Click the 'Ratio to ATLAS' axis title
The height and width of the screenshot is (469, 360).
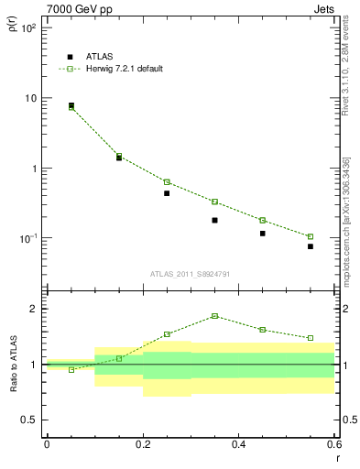13,365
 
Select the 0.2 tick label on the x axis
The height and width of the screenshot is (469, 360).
142,445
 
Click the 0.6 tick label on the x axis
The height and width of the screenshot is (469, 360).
334,445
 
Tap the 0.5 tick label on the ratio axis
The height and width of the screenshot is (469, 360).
29,420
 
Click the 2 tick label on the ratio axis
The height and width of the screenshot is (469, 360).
33,309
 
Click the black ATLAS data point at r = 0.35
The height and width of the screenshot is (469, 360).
214,220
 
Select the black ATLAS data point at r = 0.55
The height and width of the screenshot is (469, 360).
311,246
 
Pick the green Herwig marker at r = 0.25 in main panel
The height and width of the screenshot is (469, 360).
167,181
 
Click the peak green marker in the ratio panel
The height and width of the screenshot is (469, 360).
214,316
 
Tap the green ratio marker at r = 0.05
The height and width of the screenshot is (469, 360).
71,370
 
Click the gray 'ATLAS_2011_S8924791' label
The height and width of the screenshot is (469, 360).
191,274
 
